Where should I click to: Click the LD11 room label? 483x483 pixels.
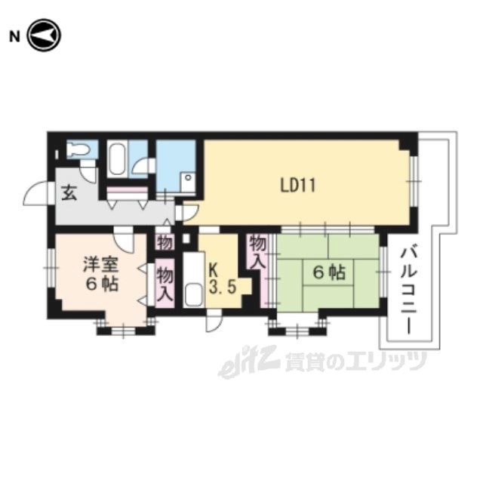298,186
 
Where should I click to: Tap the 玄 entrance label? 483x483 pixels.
69,193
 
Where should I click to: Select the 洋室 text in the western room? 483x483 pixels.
100,265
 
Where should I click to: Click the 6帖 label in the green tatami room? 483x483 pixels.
329,272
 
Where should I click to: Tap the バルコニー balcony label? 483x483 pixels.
408,291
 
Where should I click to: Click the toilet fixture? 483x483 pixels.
78,150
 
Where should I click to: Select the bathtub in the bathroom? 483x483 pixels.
117,160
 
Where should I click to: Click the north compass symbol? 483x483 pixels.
44,35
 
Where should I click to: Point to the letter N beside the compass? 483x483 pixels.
14,37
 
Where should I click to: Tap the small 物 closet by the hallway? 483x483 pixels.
165,243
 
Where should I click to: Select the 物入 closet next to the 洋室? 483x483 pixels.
165,284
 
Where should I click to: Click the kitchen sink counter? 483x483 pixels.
194,280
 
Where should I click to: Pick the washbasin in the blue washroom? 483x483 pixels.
188,182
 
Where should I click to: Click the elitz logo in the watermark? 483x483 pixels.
249,361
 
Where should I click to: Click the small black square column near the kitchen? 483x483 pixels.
186,238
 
